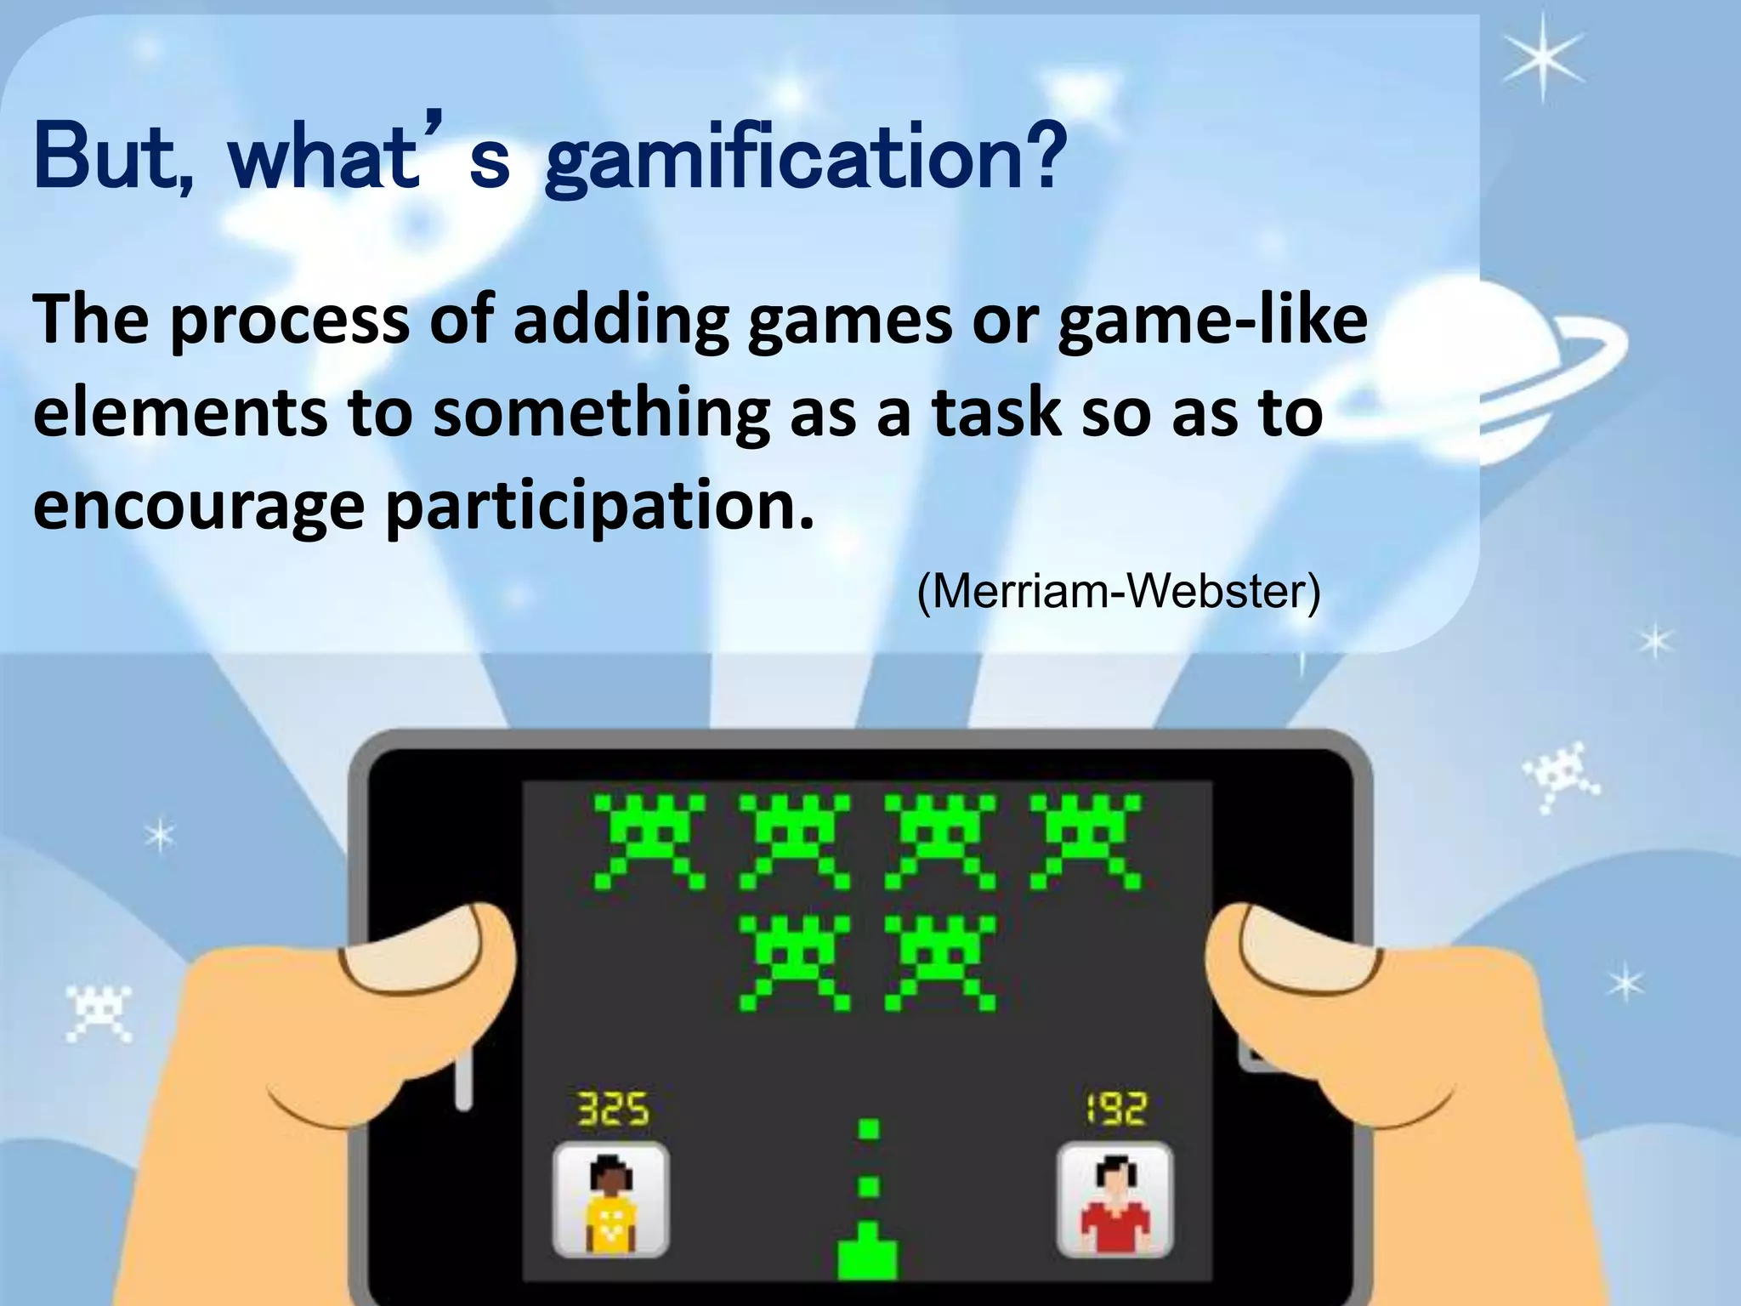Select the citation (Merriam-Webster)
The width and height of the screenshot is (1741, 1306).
click(1119, 591)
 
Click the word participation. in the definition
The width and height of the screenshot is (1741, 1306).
click(599, 507)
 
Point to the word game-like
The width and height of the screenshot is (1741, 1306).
click(1212, 321)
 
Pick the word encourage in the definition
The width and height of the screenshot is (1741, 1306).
click(199, 507)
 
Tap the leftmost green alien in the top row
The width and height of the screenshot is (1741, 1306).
click(649, 840)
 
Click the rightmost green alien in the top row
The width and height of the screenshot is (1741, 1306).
click(1086, 840)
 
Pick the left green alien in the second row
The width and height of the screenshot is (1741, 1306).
click(794, 962)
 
